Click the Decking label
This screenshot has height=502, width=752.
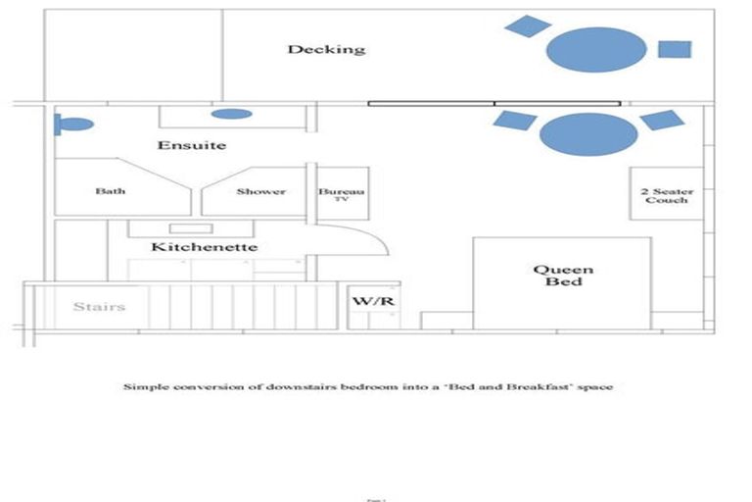[326, 49]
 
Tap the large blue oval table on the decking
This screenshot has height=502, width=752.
[595, 49]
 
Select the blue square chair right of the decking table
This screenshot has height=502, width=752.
[675, 49]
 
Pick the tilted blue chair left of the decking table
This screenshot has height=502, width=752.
[528, 26]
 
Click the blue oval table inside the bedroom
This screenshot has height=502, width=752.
[587, 134]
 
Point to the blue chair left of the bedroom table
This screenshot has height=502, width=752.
[514, 121]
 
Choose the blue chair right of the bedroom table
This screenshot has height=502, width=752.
[662, 120]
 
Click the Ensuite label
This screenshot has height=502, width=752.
[192, 145]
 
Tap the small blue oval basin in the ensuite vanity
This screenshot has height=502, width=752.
[231, 114]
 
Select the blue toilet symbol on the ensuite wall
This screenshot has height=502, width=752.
[73, 125]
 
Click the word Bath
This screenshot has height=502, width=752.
[110, 191]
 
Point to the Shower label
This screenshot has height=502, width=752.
[260, 191]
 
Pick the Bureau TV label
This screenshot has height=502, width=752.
[341, 194]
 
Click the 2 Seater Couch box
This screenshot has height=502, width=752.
[666, 194]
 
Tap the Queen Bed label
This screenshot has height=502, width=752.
[563, 276]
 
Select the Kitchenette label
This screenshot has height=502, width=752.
[204, 247]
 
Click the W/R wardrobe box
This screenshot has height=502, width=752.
[373, 300]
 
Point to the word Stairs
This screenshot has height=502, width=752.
[100, 307]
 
